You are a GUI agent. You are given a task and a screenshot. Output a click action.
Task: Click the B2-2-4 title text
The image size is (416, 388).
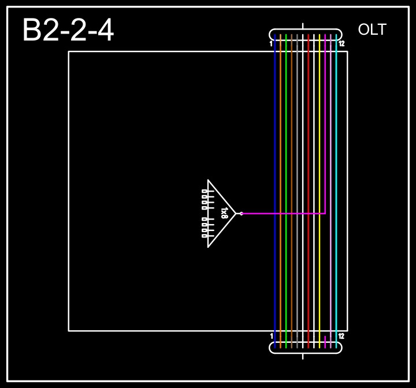tap(68, 31)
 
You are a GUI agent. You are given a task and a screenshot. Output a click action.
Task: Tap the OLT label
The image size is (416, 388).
tap(372, 30)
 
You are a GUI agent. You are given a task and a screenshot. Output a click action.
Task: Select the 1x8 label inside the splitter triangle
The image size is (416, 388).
tap(224, 213)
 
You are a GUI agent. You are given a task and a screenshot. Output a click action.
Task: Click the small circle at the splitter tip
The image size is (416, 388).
tap(241, 214)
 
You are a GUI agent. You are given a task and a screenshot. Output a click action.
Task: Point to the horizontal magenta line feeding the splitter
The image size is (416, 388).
tap(283, 214)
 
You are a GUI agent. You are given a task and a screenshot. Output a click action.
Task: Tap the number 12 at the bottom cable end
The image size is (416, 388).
tap(341, 336)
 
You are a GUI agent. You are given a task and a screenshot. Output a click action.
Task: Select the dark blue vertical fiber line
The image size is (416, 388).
tap(275, 145)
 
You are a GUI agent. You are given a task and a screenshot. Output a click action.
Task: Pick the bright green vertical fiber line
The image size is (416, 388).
tap(286, 145)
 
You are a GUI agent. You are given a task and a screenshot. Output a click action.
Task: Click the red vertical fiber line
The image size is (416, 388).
tap(309, 145)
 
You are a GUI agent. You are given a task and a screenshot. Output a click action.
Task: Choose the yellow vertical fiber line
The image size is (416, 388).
tap(320, 145)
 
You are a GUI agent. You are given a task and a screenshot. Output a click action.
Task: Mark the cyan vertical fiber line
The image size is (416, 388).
tap(336, 145)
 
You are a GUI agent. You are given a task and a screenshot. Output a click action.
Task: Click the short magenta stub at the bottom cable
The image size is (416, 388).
tap(325, 342)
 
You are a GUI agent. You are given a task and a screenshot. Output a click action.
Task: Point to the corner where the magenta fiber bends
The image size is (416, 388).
tap(325, 214)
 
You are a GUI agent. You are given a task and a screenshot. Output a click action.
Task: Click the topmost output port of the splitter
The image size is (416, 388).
tap(205, 191)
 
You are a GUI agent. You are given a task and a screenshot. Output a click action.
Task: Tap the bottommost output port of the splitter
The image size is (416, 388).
tap(205, 236)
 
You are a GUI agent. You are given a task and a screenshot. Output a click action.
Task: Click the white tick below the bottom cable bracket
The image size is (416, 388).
tap(303, 356)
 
